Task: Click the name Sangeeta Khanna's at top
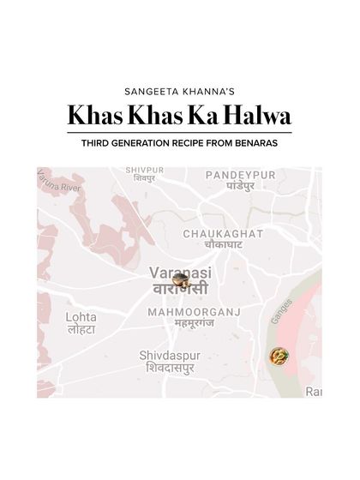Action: pos(179,88)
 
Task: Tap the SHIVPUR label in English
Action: pos(145,170)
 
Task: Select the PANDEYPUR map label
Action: pos(240,175)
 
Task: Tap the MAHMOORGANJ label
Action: pos(193,312)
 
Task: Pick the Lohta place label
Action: pos(81,317)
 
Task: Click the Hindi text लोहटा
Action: pos(81,330)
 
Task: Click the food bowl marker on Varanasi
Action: pos(180,279)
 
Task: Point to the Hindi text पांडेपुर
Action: pos(243,186)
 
